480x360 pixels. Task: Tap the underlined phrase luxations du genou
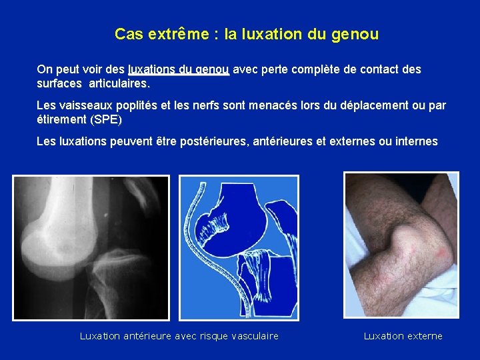pyautogui.click(x=179, y=69)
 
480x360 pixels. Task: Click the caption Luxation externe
pyautogui.click(x=403, y=336)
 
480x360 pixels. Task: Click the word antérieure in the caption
pyautogui.click(x=148, y=336)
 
